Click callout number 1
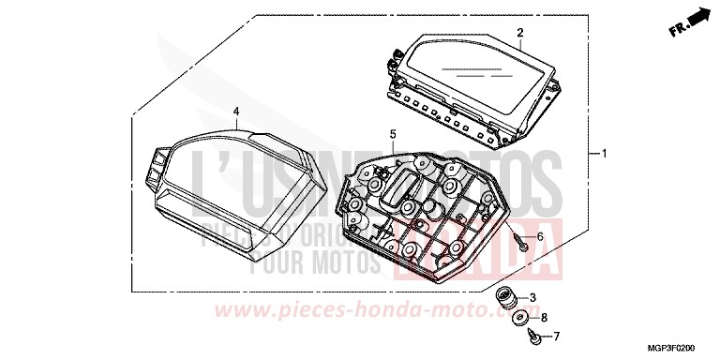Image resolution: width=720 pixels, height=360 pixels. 605,153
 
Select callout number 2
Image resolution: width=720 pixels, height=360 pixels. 518,33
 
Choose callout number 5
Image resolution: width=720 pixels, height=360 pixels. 393,134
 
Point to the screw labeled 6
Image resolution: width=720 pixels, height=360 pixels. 521,243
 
